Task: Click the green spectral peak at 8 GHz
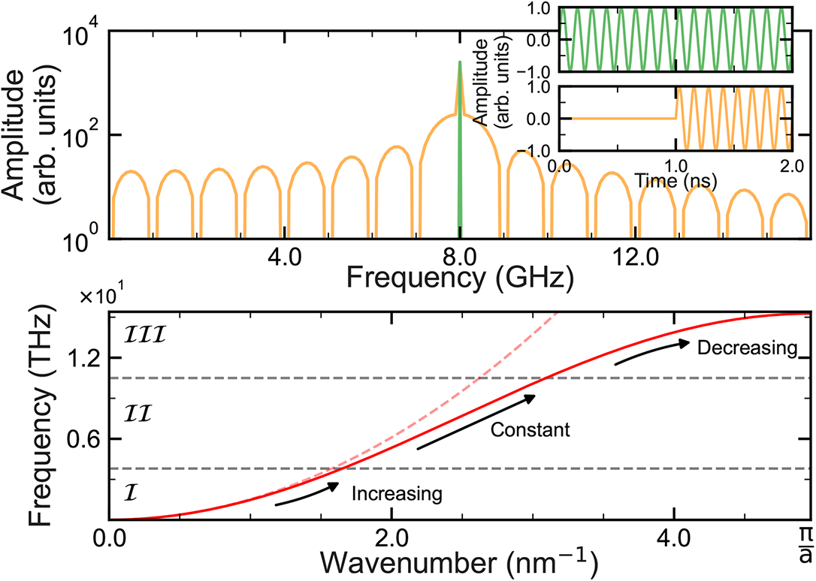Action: pyautogui.click(x=459, y=150)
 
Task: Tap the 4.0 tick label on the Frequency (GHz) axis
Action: pyautogui.click(x=285, y=257)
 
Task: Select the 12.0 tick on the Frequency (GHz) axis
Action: pyautogui.click(x=636, y=257)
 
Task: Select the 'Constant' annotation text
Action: pyautogui.click(x=530, y=430)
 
